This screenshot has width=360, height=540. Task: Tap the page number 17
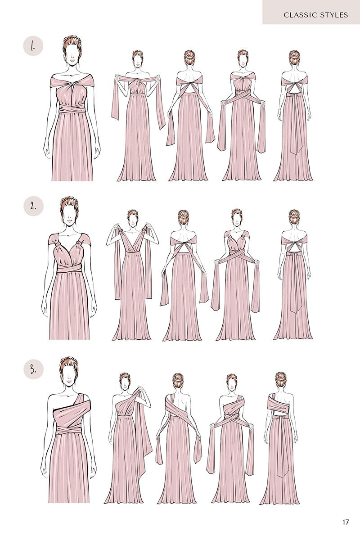[x=345, y=522]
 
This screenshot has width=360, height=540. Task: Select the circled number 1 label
[x=33, y=46]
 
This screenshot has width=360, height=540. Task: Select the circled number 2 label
[x=33, y=206]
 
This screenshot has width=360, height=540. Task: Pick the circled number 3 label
[x=33, y=369]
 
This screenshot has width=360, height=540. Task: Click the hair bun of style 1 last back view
[x=294, y=56]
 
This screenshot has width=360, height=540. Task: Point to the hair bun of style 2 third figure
[x=183, y=215]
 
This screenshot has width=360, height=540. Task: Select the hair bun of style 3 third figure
[x=178, y=377]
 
